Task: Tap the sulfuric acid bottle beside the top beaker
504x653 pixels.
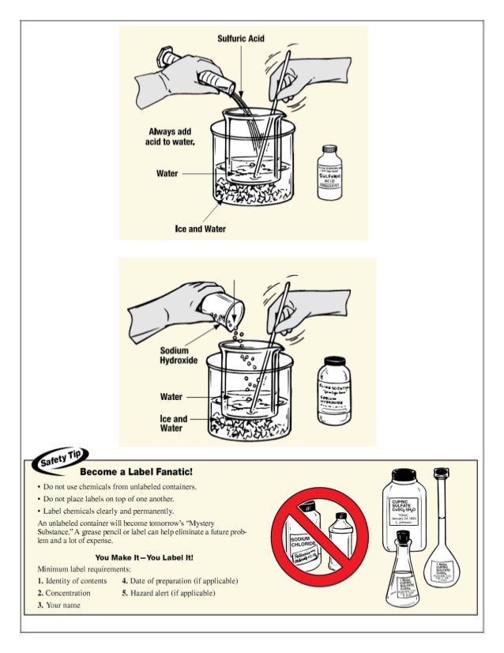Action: click(x=329, y=172)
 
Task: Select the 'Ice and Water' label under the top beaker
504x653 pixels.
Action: click(x=200, y=228)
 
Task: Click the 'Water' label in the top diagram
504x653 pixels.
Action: click(x=167, y=173)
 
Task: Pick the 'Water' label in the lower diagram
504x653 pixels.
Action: click(x=172, y=396)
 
